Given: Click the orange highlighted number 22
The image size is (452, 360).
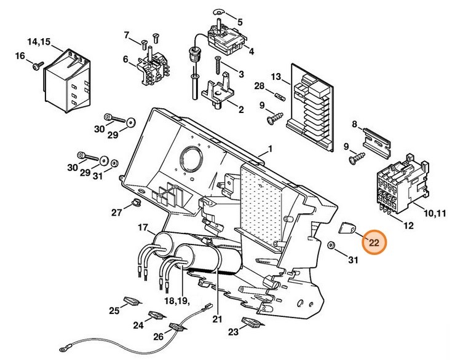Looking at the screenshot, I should point(374,243).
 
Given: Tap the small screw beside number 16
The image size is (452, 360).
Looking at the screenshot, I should point(37,63).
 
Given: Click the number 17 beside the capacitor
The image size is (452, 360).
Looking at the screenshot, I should point(143,228).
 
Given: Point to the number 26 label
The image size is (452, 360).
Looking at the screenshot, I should point(158,336).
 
